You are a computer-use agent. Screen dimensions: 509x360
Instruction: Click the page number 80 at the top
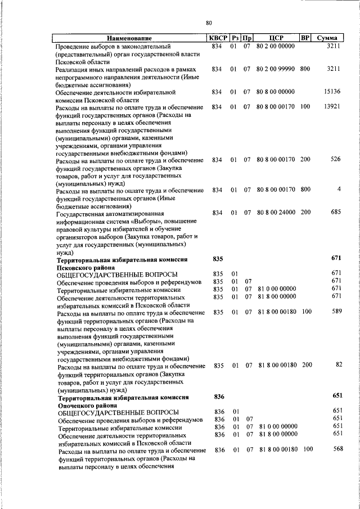(x=209, y=23)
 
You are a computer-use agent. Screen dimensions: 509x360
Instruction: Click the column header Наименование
(x=130, y=38)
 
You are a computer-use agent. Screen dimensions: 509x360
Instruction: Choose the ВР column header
(x=305, y=38)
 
